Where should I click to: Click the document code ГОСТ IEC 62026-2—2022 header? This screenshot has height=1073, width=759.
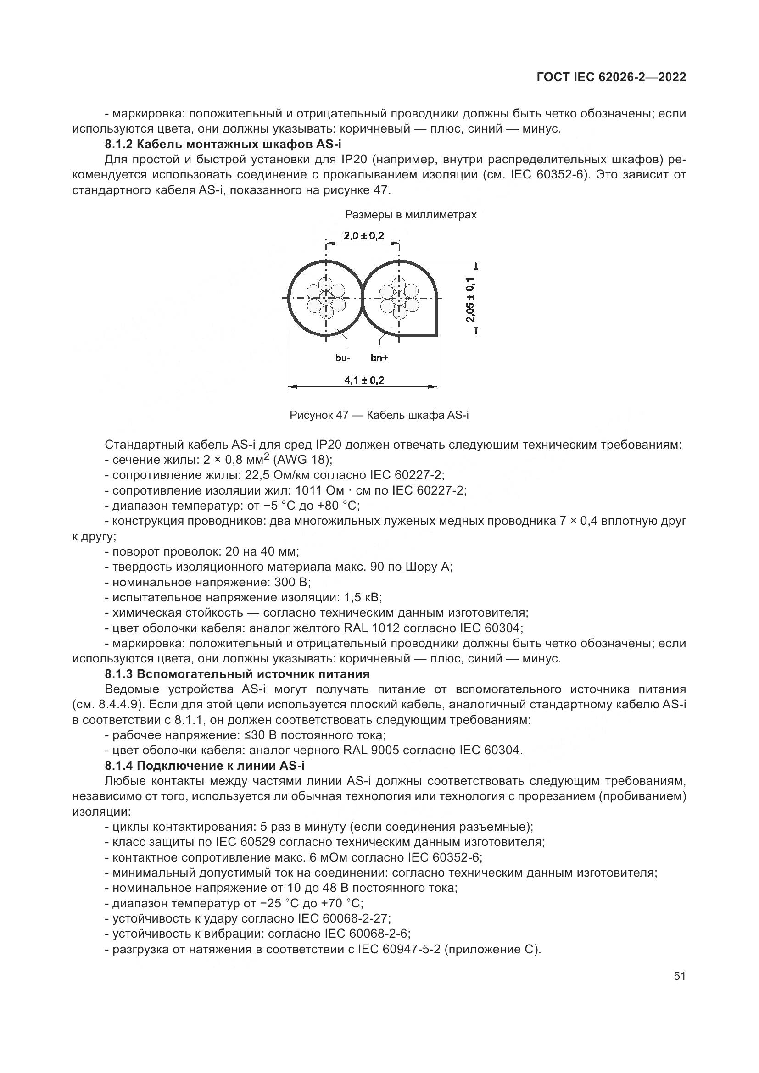611,78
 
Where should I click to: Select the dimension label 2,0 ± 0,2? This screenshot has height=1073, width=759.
363,236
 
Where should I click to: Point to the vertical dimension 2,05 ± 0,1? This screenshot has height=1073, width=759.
470,299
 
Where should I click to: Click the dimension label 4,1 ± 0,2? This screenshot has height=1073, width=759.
364,380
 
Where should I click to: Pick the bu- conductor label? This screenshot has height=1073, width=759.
343,358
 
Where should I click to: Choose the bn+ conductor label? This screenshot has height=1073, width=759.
379,358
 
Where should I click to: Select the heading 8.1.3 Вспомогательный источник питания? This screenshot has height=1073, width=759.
237,674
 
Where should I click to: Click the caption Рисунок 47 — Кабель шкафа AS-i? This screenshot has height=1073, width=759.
379,415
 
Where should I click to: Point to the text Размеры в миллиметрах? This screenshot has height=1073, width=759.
410,215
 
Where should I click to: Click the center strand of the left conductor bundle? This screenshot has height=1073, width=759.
326,298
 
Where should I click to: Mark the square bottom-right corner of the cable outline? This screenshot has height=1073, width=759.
436,334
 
